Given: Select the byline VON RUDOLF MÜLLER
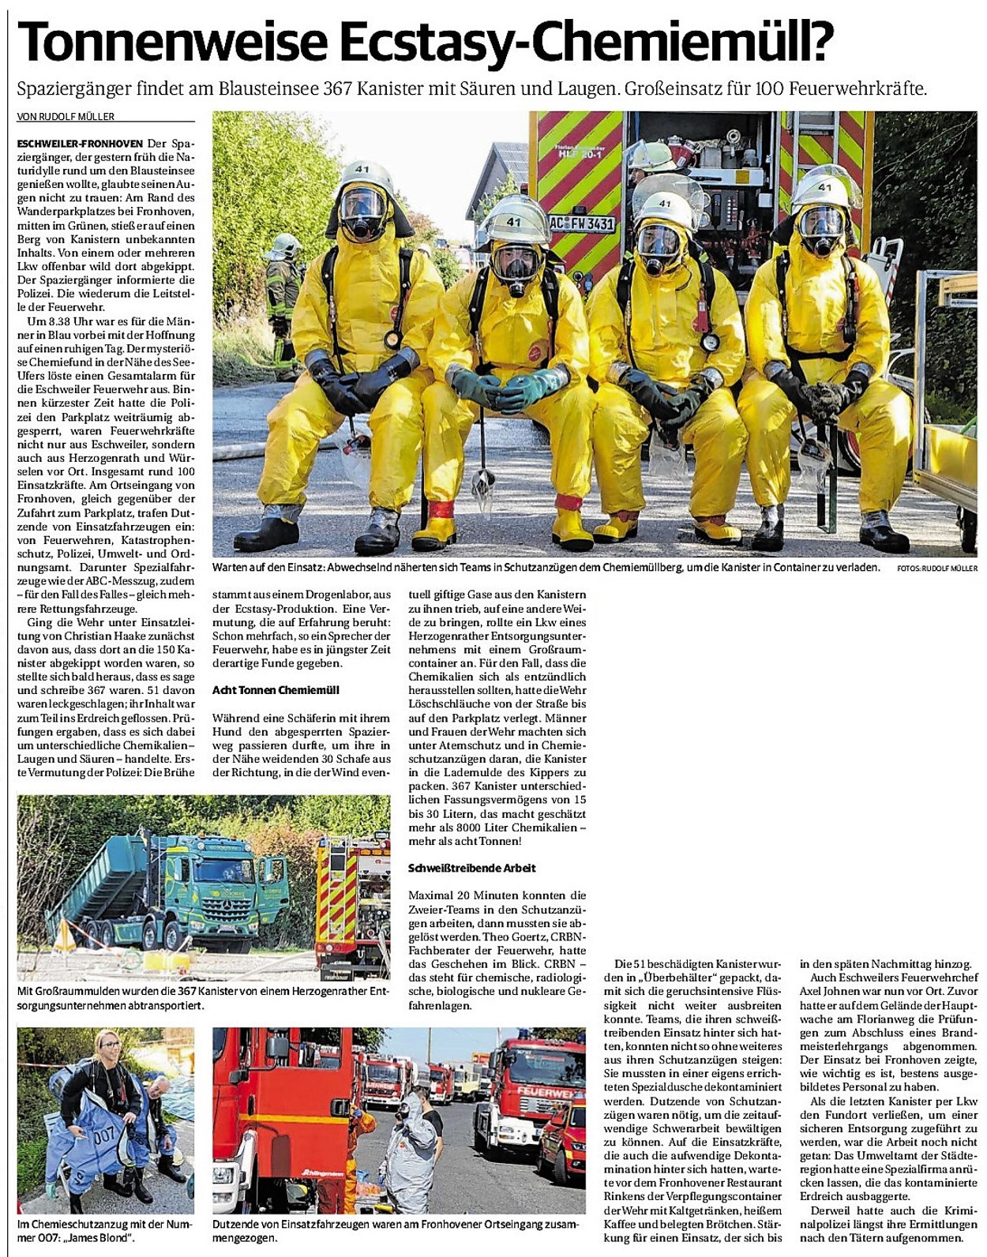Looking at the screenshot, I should [x=66, y=117].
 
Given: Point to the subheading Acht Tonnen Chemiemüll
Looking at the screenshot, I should [x=276, y=690].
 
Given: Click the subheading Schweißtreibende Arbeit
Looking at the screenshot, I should [x=472, y=868].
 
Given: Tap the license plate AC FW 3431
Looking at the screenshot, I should [x=581, y=223].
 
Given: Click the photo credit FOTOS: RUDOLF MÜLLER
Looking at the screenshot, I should [x=937, y=568].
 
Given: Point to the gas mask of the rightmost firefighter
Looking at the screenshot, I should [x=821, y=229].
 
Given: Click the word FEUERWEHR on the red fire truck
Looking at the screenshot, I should [x=544, y=1092].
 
